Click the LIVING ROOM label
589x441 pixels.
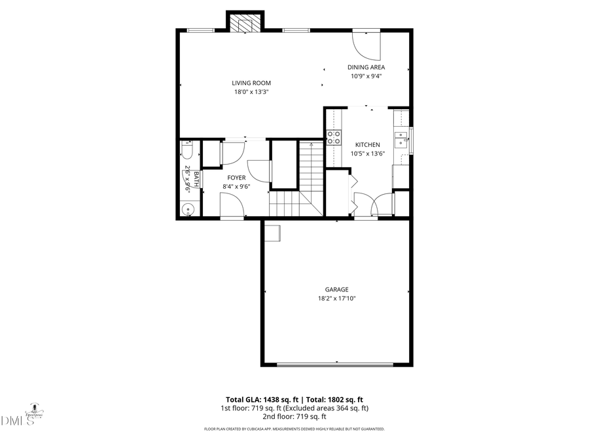[251, 83]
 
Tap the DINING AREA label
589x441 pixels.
[366, 67]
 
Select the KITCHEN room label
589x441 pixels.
[367, 144]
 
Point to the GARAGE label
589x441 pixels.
[336, 289]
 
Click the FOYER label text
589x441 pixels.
[236, 178]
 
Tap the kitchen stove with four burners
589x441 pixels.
[334, 137]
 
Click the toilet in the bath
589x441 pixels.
[186, 153]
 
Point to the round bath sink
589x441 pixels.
[188, 210]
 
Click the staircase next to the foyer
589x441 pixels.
[308, 183]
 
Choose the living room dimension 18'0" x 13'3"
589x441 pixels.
[251, 92]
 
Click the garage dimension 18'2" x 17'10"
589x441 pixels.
[336, 299]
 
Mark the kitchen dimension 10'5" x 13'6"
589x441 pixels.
[367, 154]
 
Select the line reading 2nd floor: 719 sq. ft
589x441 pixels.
[294, 416]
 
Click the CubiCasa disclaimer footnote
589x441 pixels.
[294, 429]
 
